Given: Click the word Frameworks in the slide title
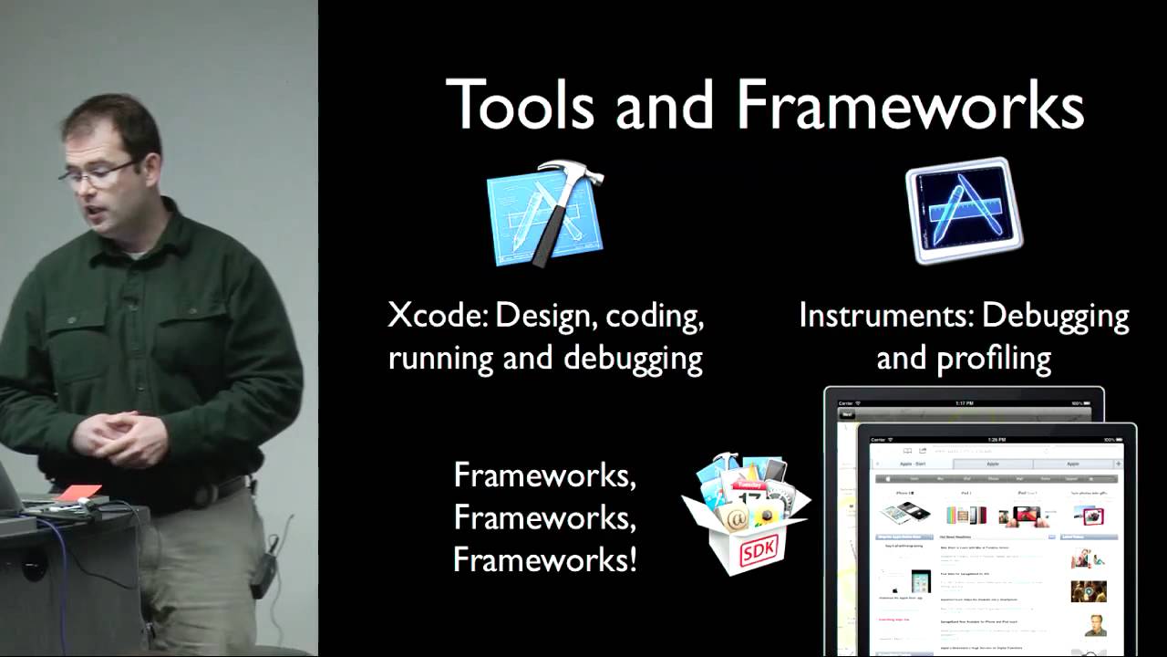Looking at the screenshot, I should [910, 105].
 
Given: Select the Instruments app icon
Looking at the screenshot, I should [964, 211].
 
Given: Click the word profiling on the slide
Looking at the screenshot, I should [1003, 359].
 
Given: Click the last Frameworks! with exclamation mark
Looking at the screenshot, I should [544, 558].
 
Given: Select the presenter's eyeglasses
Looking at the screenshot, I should [98, 172].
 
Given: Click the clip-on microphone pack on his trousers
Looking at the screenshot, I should [263, 569].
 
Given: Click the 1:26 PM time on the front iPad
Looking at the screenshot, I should [997, 438].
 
